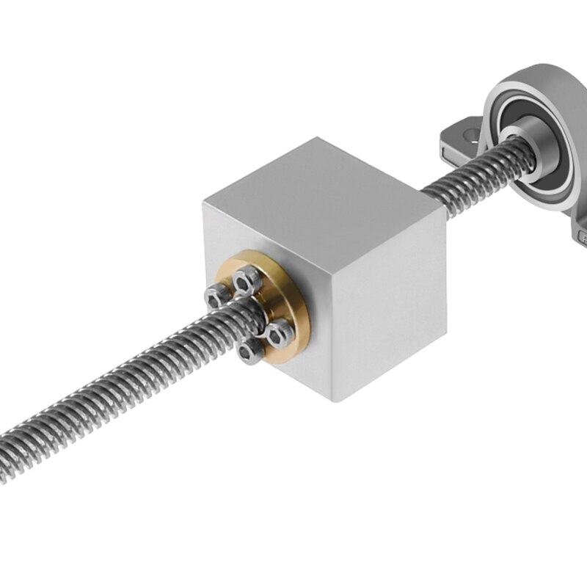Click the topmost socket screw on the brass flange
point(248,280)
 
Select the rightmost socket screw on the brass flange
point(280,335)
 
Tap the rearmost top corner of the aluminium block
point(317,137)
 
